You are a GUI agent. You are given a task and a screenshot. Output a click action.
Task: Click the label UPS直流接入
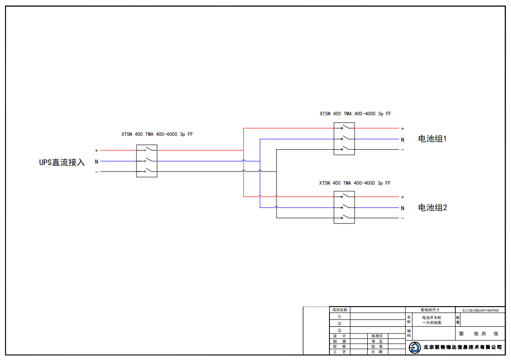[62, 162]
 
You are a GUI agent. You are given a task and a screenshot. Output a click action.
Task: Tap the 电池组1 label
[432, 139]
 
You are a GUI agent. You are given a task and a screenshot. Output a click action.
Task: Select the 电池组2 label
[433, 208]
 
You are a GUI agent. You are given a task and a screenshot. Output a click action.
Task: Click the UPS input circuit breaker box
[146, 161]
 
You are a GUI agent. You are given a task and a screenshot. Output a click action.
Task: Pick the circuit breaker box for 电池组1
[344, 138]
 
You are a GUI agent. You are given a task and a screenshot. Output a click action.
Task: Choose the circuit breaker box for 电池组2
[344, 207]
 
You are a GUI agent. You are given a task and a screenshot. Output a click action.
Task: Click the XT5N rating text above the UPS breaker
[157, 134]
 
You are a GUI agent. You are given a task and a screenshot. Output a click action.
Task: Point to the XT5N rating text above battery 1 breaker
[355, 114]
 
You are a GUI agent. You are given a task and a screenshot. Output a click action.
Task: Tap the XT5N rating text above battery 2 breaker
[355, 183]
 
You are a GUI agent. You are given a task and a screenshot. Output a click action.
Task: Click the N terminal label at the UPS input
[96, 162]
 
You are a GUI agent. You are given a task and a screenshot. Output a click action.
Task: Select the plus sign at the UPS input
[96, 151]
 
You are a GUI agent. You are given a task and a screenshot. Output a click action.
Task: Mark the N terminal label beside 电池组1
[402, 140]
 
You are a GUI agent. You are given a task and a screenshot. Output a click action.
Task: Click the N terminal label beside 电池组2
[402, 208]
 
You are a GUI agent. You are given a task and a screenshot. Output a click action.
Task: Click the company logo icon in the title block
[415, 348]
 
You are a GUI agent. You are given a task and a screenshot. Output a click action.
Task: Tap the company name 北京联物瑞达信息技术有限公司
[463, 347]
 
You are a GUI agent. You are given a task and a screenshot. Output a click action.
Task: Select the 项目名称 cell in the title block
[339, 310]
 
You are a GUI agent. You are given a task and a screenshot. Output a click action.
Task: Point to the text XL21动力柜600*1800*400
[480, 310]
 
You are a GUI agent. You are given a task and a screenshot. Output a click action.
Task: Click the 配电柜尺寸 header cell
[430, 310]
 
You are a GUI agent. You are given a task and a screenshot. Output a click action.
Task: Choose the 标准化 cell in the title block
[377, 336]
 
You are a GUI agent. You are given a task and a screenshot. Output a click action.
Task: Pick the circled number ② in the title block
[339, 323]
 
